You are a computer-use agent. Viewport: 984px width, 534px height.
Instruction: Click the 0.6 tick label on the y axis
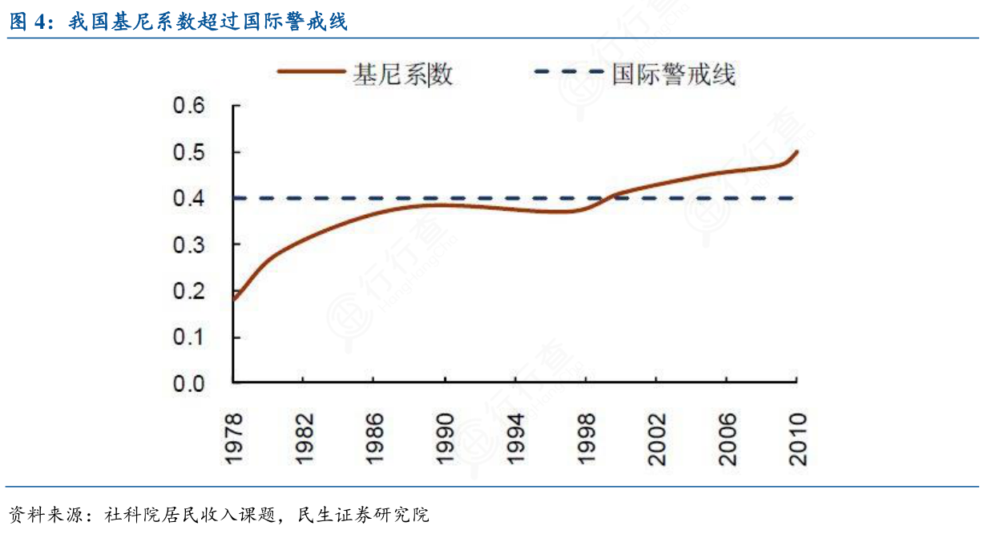pyautogui.click(x=189, y=106)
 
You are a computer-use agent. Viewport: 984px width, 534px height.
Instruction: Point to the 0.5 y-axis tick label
pyautogui.click(x=189, y=152)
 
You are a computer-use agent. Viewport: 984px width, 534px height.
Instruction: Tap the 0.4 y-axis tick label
pyautogui.click(x=189, y=198)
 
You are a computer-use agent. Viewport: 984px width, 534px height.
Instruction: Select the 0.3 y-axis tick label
pyautogui.click(x=189, y=245)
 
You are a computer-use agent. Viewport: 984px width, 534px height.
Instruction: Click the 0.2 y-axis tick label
pyautogui.click(x=189, y=291)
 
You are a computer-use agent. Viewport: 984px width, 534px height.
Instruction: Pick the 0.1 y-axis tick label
pyautogui.click(x=189, y=338)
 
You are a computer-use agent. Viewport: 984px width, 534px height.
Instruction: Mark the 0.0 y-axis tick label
pyautogui.click(x=189, y=384)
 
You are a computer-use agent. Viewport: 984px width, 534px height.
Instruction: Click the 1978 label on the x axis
pyautogui.click(x=232, y=439)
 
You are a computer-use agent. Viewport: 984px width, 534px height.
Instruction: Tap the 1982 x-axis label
pyautogui.click(x=303, y=439)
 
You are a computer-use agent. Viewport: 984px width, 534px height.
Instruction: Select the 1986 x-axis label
pyautogui.click(x=373, y=439)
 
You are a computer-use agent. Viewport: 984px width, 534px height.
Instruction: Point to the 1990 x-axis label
pyautogui.click(x=444, y=439)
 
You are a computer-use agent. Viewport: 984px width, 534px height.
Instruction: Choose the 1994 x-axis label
pyautogui.click(x=514, y=439)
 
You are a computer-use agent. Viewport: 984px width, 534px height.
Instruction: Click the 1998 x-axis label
pyautogui.click(x=586, y=439)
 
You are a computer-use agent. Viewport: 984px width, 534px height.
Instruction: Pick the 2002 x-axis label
pyautogui.click(x=656, y=439)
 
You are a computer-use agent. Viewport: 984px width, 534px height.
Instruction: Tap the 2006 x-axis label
pyautogui.click(x=727, y=439)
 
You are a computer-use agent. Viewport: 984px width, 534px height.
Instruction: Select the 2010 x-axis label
pyautogui.click(x=797, y=439)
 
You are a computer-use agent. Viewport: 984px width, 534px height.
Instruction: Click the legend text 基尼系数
pyautogui.click(x=403, y=75)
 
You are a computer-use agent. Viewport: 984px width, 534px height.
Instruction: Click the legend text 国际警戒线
pyautogui.click(x=673, y=75)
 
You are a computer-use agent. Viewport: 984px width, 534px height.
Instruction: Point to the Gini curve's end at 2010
pyautogui.click(x=797, y=152)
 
